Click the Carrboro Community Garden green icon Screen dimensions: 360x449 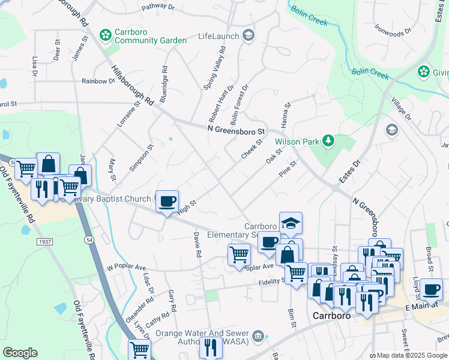(106, 35)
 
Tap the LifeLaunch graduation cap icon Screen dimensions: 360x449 (248, 36)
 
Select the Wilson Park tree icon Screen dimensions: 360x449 (328, 142)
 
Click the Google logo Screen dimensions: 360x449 (20, 353)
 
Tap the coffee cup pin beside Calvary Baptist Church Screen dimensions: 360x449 (167, 200)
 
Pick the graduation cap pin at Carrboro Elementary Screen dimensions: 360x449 (291, 223)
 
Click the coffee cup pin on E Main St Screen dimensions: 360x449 (430, 289)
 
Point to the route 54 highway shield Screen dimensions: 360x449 (89, 239)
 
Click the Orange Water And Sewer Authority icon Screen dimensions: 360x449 (258, 335)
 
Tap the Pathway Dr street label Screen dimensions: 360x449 (157, 8)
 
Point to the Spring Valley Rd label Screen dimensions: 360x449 (214, 71)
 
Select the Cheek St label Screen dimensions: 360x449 (252, 150)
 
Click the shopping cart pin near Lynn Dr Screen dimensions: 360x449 (140, 349)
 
